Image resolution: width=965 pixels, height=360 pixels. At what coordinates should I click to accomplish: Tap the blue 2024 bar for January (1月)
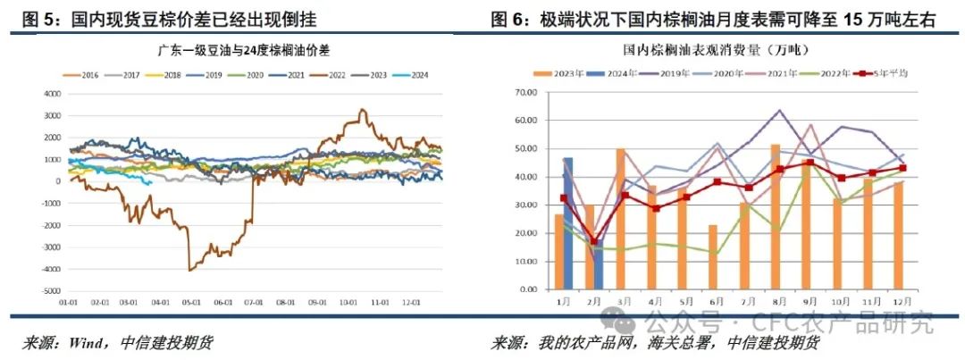pos(567,224)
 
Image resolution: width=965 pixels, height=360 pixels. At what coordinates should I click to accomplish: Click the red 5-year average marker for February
pos(595,242)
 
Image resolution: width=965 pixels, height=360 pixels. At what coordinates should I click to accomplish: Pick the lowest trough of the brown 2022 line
pos(189,269)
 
